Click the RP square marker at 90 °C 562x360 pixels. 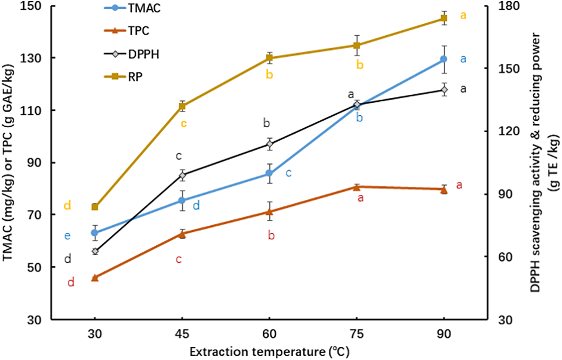444,18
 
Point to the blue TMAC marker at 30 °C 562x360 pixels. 95,233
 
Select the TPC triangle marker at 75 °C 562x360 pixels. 356,187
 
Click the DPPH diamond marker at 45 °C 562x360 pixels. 182,175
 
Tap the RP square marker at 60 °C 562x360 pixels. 269,58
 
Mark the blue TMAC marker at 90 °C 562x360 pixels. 444,58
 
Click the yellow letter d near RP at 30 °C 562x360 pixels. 67,205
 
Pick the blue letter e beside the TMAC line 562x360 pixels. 67,235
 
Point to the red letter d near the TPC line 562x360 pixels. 70,282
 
